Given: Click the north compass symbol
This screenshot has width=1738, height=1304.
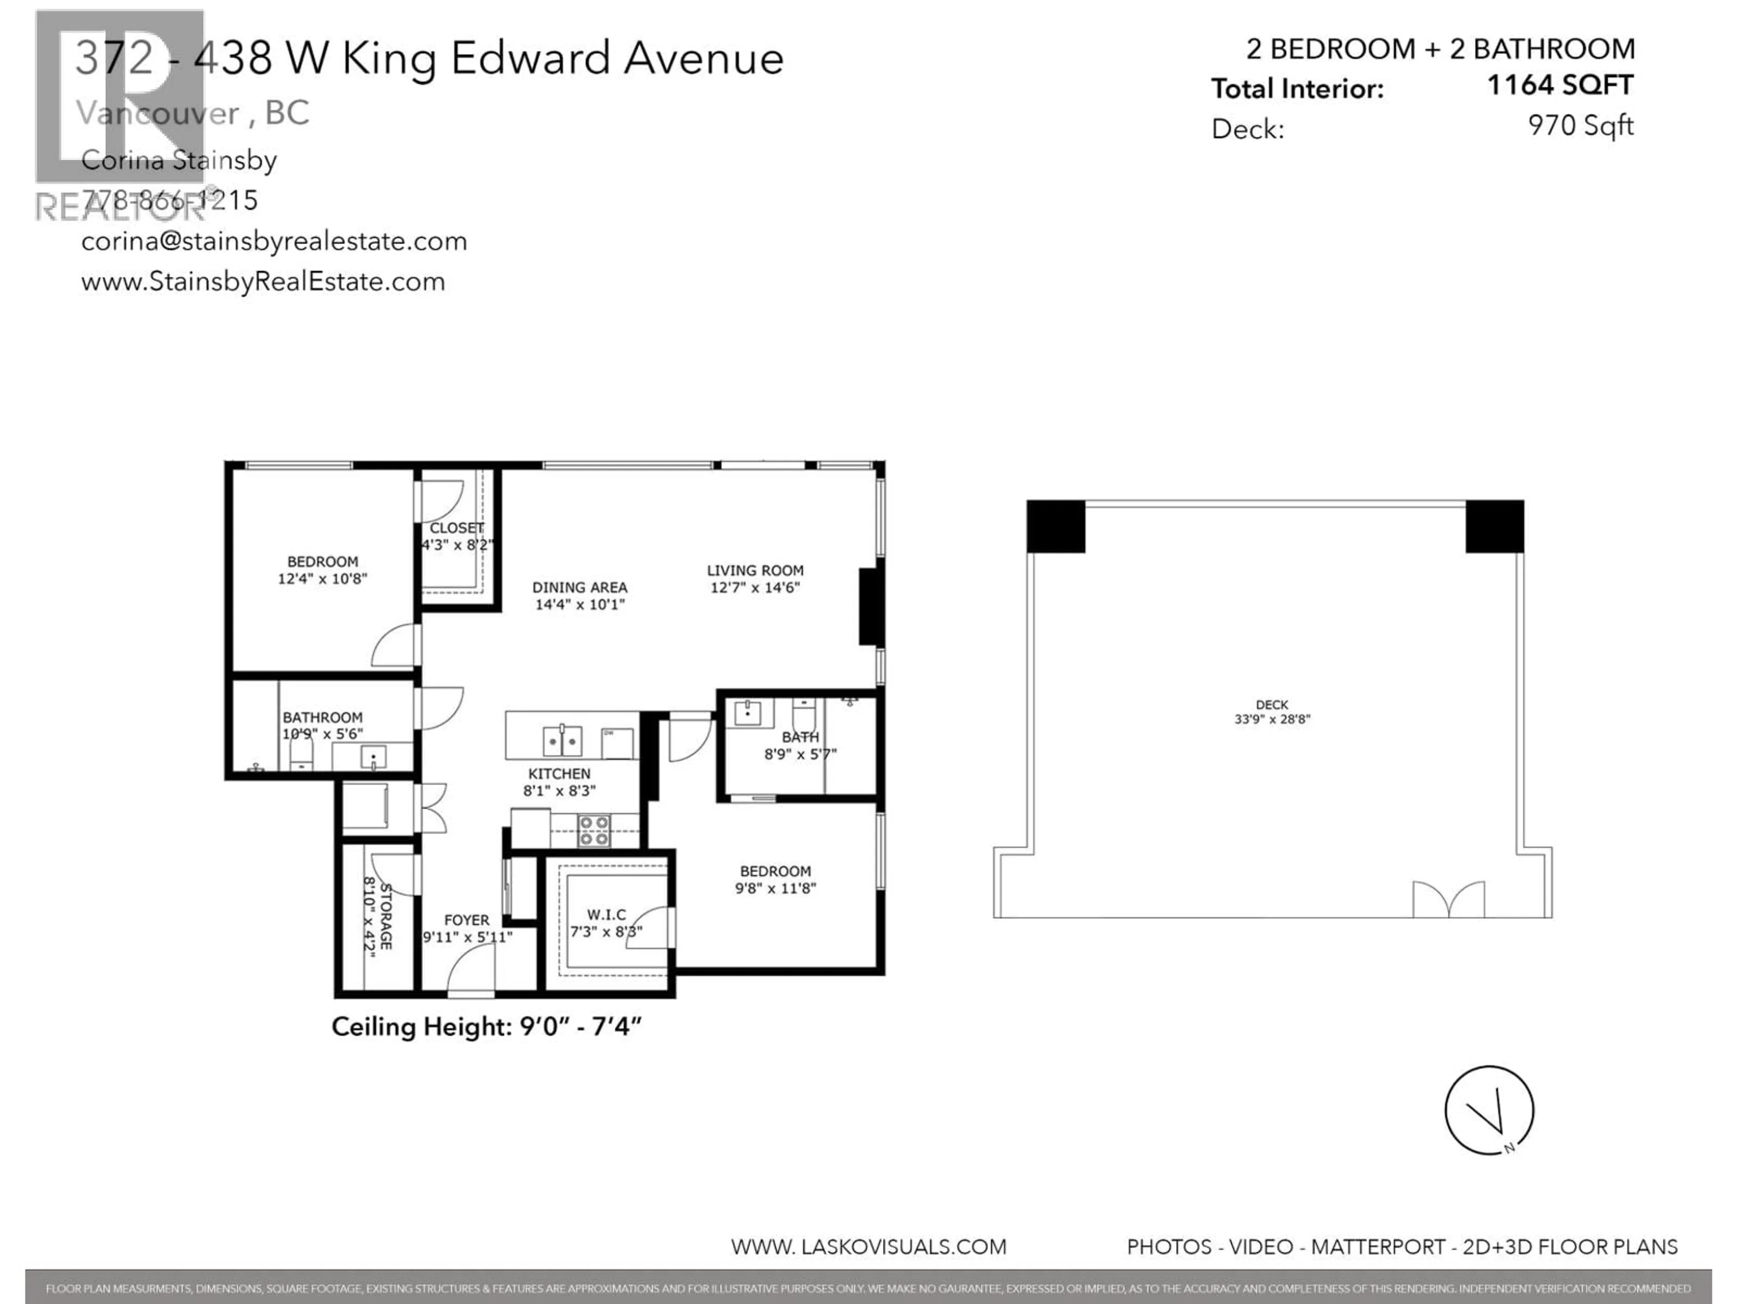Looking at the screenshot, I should point(1489,1110).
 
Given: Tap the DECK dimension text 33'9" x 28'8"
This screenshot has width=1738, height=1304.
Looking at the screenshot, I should point(1272,719).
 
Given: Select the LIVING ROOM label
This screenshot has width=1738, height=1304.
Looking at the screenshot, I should point(754,570).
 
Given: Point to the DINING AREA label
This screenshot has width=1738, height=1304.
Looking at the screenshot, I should point(580,587).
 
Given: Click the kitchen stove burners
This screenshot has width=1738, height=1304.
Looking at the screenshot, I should point(593,831).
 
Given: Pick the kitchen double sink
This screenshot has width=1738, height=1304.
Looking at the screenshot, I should point(563,740).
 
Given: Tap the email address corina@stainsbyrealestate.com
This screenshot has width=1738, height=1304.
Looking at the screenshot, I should point(274,241).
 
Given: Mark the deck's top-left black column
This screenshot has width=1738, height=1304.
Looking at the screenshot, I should point(1055,526).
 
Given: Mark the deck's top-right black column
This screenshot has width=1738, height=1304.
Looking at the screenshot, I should point(1494,526).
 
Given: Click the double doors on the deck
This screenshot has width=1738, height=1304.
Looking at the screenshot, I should point(1449,900).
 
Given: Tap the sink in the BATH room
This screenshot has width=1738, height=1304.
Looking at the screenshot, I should point(747,714).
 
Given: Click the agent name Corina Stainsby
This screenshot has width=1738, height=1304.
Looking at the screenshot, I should point(179,160).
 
